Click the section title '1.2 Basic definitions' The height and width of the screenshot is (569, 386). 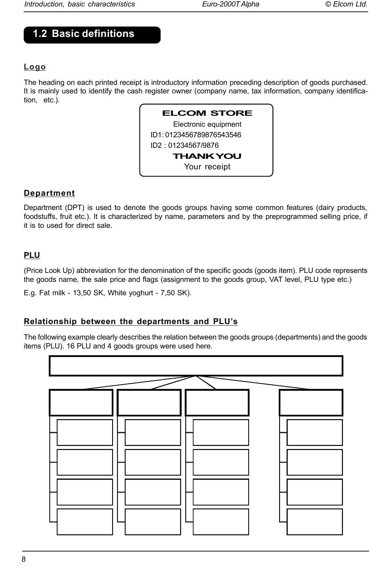point(83,34)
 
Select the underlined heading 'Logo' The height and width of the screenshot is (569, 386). point(35,67)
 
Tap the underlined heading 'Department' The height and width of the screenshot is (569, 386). point(49,193)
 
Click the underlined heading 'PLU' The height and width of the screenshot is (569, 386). point(32,255)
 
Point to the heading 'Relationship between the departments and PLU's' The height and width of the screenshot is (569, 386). point(130,322)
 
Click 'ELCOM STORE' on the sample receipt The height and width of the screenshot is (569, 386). point(207,113)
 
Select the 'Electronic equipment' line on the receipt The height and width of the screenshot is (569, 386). point(207,124)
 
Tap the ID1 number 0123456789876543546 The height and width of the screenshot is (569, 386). point(203,135)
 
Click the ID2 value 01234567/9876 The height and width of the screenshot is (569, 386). point(193,145)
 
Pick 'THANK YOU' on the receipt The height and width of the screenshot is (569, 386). point(207,156)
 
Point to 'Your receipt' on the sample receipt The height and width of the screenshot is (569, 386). point(207,167)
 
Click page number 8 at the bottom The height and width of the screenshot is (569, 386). point(24,560)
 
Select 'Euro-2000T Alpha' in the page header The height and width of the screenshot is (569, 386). point(230,4)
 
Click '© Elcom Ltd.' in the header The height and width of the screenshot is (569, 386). point(347,4)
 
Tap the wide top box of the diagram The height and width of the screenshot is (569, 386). point(196,366)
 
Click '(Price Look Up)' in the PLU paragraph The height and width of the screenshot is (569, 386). point(49,271)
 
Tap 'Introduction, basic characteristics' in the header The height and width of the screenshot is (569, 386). point(80,4)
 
